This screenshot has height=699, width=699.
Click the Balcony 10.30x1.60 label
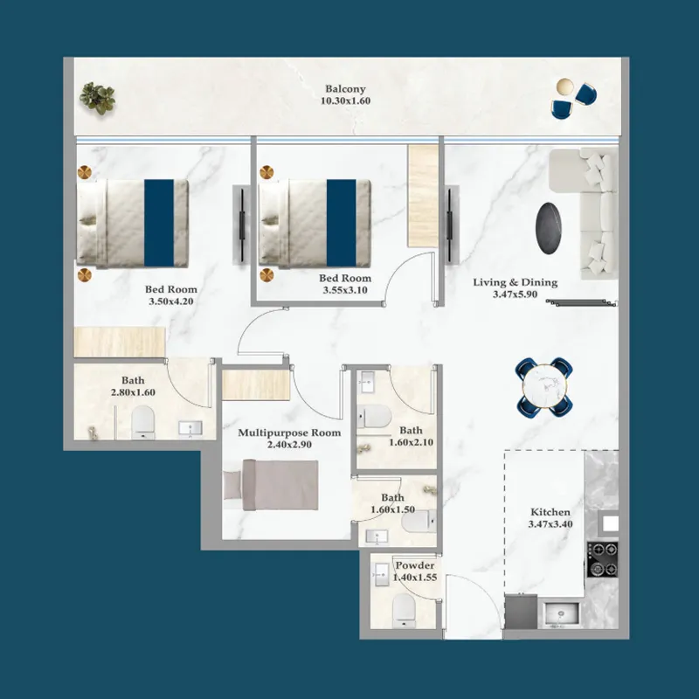(345, 94)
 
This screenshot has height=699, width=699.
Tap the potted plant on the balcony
(97, 97)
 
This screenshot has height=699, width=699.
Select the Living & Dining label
(515, 288)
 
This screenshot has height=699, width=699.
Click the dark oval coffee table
(550, 227)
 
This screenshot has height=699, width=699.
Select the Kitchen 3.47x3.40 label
(550, 518)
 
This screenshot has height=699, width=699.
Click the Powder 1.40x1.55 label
(414, 571)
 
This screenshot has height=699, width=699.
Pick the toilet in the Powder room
(405, 609)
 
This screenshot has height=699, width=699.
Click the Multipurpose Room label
(289, 439)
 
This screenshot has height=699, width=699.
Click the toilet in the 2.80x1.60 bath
(142, 425)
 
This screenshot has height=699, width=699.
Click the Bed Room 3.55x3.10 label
(345, 284)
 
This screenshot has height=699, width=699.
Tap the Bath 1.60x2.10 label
(411, 436)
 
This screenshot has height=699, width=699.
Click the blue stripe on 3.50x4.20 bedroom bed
(158, 222)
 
